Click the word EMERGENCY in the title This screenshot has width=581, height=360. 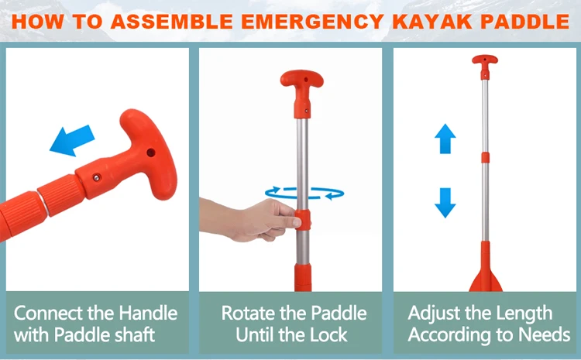click(312, 21)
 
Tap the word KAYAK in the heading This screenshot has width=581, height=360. click(432, 21)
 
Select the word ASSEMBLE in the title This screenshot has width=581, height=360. click(171, 21)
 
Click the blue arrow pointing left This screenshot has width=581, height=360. click(72, 141)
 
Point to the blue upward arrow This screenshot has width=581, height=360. click(445, 139)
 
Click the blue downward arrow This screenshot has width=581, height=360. click(445, 203)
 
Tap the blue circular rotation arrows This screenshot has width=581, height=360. click(304, 193)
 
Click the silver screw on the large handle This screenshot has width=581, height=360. click(97, 178)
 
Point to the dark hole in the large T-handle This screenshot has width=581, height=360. click(151, 153)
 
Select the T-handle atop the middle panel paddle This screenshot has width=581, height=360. click(302, 93)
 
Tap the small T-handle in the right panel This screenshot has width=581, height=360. click(485, 67)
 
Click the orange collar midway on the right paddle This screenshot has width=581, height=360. click(485, 157)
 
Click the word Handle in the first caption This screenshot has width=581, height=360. click(148, 313)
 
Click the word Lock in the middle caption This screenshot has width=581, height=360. click(328, 334)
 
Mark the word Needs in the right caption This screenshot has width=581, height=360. click(544, 334)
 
